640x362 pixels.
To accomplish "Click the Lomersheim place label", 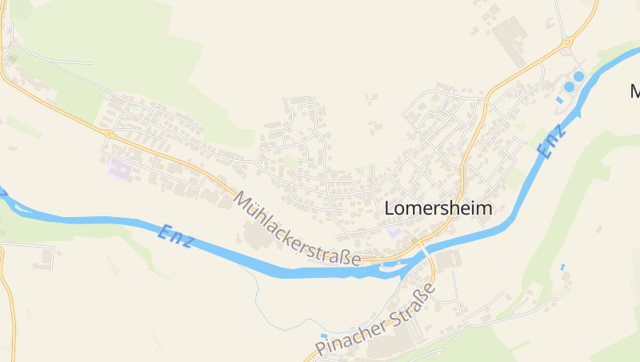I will (x=438, y=207).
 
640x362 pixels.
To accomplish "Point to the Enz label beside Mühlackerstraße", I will (x=175, y=235).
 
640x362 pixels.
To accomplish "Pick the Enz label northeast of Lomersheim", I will (x=548, y=141).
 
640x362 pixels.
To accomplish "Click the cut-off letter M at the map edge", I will (x=634, y=90).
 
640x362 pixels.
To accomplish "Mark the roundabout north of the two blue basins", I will (x=567, y=42).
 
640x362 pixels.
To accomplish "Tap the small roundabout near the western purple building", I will (x=110, y=135).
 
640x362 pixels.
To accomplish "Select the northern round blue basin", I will (x=578, y=76).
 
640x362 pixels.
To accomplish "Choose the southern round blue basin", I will (x=569, y=86).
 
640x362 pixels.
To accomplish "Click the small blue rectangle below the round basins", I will (x=559, y=100).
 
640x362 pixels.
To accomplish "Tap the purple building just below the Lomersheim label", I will (x=393, y=231).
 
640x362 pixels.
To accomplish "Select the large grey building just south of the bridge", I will (x=449, y=260).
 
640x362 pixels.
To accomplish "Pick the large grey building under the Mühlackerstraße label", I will (x=257, y=236).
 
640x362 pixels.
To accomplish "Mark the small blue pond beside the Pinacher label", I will (x=322, y=336).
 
